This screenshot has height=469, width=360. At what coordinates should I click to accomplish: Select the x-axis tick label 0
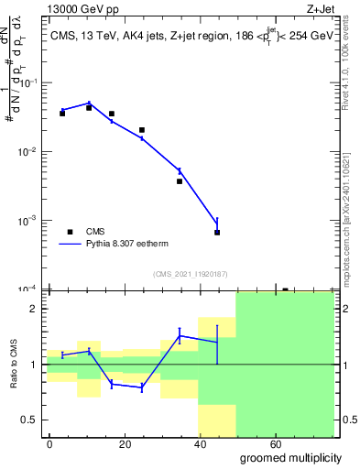(49, 444)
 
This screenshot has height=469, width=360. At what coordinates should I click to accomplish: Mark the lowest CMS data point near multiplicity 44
(217, 233)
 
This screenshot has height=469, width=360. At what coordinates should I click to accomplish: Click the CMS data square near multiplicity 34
(180, 181)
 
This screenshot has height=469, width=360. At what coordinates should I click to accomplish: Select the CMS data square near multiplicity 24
(142, 130)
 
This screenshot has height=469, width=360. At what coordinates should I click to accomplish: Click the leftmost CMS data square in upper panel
(62, 114)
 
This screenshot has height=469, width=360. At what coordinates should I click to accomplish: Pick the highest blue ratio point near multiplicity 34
(180, 335)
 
